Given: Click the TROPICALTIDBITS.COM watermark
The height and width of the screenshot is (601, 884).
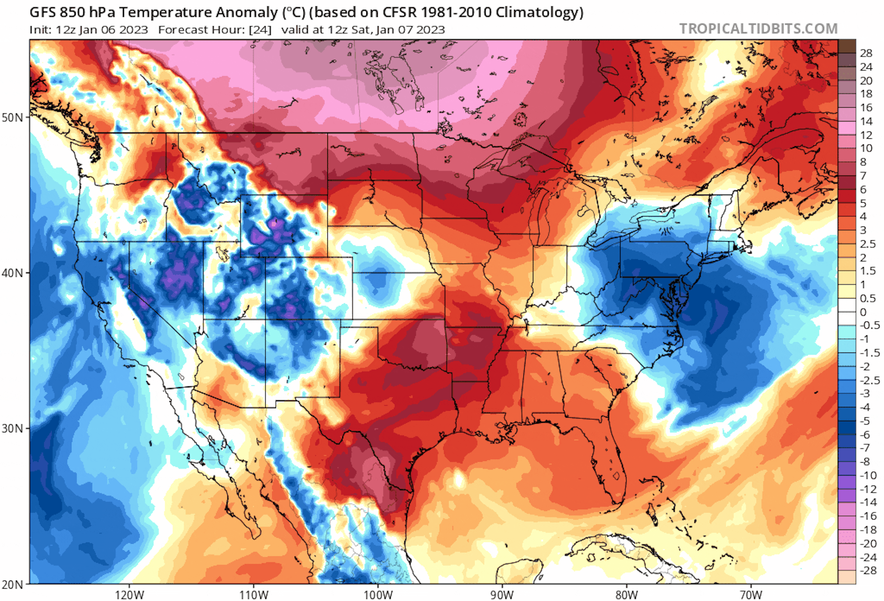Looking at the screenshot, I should point(758,29).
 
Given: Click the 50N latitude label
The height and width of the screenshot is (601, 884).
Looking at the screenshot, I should point(13,117).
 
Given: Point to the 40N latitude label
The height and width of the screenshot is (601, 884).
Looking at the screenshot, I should point(13,273).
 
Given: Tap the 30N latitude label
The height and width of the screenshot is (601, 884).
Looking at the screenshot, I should point(13,429).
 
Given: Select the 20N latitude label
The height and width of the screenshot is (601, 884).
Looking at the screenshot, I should point(13,585).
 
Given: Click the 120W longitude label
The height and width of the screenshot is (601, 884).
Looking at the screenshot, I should point(129,594).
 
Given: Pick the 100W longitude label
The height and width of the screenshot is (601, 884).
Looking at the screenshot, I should point(378,594).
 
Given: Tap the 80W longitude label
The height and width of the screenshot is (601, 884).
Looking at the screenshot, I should point(627,594).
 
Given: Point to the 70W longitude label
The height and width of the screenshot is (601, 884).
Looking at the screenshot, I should point(751,594).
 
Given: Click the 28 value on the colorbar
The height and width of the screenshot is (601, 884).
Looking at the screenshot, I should point(866,53).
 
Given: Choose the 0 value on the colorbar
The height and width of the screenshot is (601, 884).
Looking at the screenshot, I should point(863,312).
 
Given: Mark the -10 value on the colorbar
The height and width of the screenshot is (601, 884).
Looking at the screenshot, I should point(868,475).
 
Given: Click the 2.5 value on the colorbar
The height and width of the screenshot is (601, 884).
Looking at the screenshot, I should point(868,244).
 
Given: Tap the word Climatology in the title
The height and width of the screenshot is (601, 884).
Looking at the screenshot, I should point(539,13).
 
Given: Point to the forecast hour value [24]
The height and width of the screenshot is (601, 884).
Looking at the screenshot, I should point(260,30).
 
